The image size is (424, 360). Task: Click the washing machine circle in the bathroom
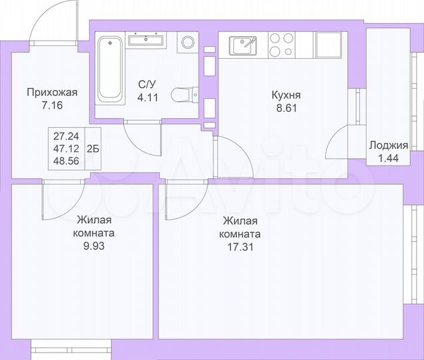click(x=188, y=43)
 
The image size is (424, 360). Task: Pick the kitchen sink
click(x=243, y=45)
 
